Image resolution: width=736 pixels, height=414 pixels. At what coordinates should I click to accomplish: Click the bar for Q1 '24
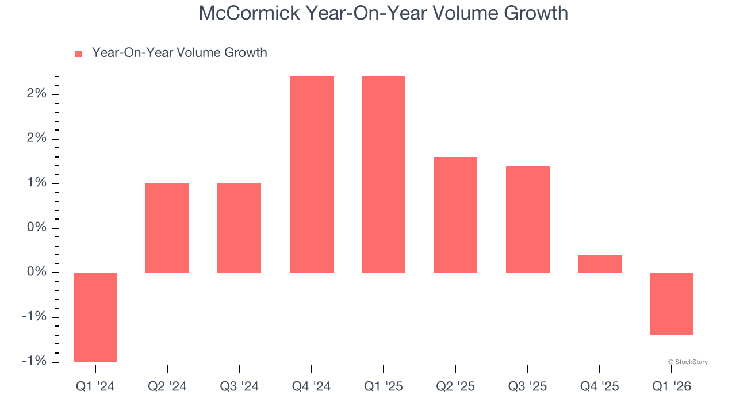95,317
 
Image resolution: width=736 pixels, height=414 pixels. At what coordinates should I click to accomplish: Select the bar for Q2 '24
167,228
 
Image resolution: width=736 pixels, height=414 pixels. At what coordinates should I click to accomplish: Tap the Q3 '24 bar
239,228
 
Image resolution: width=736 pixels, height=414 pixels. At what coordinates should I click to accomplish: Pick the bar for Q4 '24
311,174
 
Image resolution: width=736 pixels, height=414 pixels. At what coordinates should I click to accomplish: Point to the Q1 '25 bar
384,174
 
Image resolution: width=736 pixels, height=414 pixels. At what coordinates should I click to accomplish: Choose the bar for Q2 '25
455,214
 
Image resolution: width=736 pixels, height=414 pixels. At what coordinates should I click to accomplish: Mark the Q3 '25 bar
527,219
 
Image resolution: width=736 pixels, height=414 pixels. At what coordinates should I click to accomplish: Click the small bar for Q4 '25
599,263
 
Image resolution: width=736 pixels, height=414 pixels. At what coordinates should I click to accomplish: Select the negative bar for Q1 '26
671,304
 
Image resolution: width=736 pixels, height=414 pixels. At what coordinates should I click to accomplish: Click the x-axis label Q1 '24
95,387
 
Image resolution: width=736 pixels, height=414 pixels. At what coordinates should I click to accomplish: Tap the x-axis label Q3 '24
239,387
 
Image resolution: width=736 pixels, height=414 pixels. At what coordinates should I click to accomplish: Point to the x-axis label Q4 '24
311,387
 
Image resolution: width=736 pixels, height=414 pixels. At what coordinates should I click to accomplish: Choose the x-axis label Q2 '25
455,387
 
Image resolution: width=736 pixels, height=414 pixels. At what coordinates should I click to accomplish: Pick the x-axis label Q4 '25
599,387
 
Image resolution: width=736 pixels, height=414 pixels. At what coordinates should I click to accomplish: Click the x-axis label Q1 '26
671,387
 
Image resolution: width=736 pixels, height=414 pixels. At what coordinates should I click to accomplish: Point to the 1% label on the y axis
36,183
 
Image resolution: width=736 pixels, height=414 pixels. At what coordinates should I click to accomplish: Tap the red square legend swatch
79,54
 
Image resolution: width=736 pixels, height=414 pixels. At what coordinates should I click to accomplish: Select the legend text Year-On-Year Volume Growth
179,53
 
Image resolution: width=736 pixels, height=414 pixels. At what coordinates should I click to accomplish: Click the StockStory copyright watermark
688,362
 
